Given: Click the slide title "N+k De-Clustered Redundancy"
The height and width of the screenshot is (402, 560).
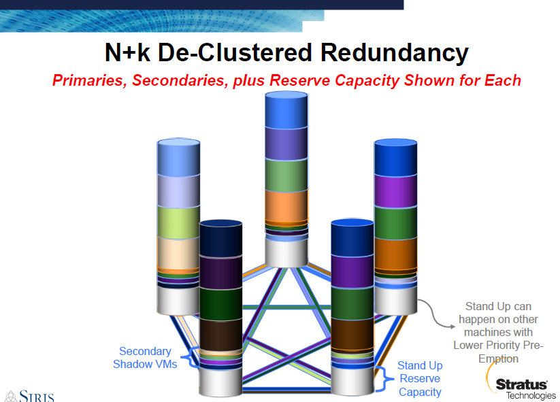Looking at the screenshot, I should [x=286, y=53].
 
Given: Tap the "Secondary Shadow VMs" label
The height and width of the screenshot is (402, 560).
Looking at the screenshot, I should [x=145, y=358].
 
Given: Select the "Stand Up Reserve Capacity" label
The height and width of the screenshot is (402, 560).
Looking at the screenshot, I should [x=420, y=379].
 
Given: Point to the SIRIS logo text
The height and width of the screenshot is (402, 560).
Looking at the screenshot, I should [x=31, y=395].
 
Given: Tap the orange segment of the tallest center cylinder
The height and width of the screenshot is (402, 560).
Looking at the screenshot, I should [x=286, y=206].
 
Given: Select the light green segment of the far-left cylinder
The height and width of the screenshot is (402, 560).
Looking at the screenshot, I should [x=178, y=221].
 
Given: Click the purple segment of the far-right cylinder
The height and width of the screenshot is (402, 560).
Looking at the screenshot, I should [x=395, y=191].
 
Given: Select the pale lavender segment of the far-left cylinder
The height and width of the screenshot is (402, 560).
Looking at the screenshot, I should [x=178, y=190].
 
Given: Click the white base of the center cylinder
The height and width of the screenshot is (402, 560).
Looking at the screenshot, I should [x=286, y=253].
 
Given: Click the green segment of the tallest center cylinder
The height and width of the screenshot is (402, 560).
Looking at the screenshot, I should [x=286, y=175].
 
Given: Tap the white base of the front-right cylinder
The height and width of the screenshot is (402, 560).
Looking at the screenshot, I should [x=352, y=379].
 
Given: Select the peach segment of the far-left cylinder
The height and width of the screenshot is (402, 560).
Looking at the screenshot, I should [x=178, y=253].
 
